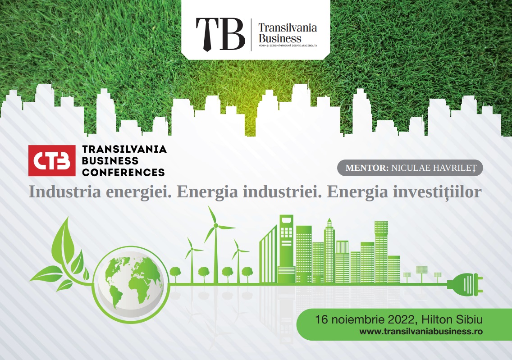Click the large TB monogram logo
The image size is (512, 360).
click(x=220, y=34)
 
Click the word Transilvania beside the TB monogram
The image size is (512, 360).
click(x=288, y=28)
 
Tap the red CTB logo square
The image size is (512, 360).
click(x=52, y=160)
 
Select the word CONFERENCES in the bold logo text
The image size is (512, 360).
click(x=123, y=172)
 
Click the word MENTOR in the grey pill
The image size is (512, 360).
click(x=367, y=168)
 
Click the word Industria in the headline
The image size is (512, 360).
click(x=65, y=191)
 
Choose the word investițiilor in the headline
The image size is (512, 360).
click(x=437, y=192)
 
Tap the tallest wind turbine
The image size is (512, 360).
click(x=215, y=245)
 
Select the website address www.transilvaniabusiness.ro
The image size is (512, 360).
click(x=421, y=332)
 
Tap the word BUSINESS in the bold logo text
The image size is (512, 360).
click(x=110, y=160)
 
